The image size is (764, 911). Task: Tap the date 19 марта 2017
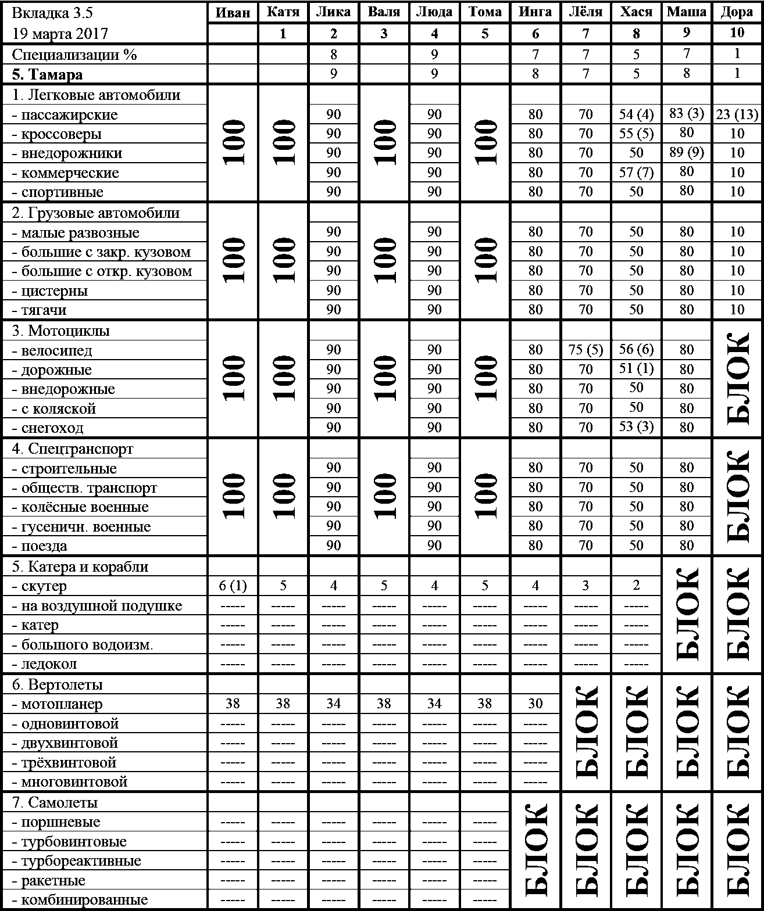[60, 33]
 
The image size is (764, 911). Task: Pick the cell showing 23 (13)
[737, 114]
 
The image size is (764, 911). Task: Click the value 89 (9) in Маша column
[687, 153]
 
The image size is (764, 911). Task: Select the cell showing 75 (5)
[586, 350]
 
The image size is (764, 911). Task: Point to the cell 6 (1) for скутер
[233, 586]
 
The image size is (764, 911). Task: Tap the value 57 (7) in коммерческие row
[636, 173]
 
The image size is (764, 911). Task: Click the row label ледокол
[49, 664]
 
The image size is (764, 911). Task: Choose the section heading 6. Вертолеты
[57, 685]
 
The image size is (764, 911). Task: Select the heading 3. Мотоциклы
[61, 331]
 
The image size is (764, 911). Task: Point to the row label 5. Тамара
[47, 74]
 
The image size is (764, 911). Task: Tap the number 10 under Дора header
[737, 33]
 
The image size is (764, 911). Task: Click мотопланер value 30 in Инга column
[535, 704]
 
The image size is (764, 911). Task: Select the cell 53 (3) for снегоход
[636, 428]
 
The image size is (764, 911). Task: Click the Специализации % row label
[74, 55]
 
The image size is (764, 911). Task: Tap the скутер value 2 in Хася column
[636, 586]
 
